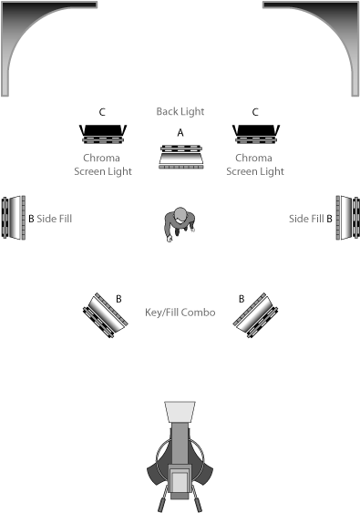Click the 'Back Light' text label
[x=180, y=111]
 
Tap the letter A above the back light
[x=180, y=133]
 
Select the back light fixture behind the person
[x=181, y=157]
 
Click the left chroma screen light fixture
[x=103, y=134]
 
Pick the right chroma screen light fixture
[x=256, y=134]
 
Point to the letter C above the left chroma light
[x=102, y=112]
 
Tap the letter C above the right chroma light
[x=255, y=112]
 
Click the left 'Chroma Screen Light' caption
[x=103, y=165]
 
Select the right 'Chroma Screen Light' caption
[x=255, y=165]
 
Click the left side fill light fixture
[x=14, y=218]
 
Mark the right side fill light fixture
[x=347, y=218]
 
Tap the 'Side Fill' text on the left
[x=55, y=219]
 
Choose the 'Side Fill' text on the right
[x=306, y=219]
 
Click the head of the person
[x=180, y=214]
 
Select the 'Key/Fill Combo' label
[x=180, y=313]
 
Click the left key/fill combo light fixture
[x=106, y=315]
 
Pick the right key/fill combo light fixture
[x=255, y=315]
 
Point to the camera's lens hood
[x=180, y=412]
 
